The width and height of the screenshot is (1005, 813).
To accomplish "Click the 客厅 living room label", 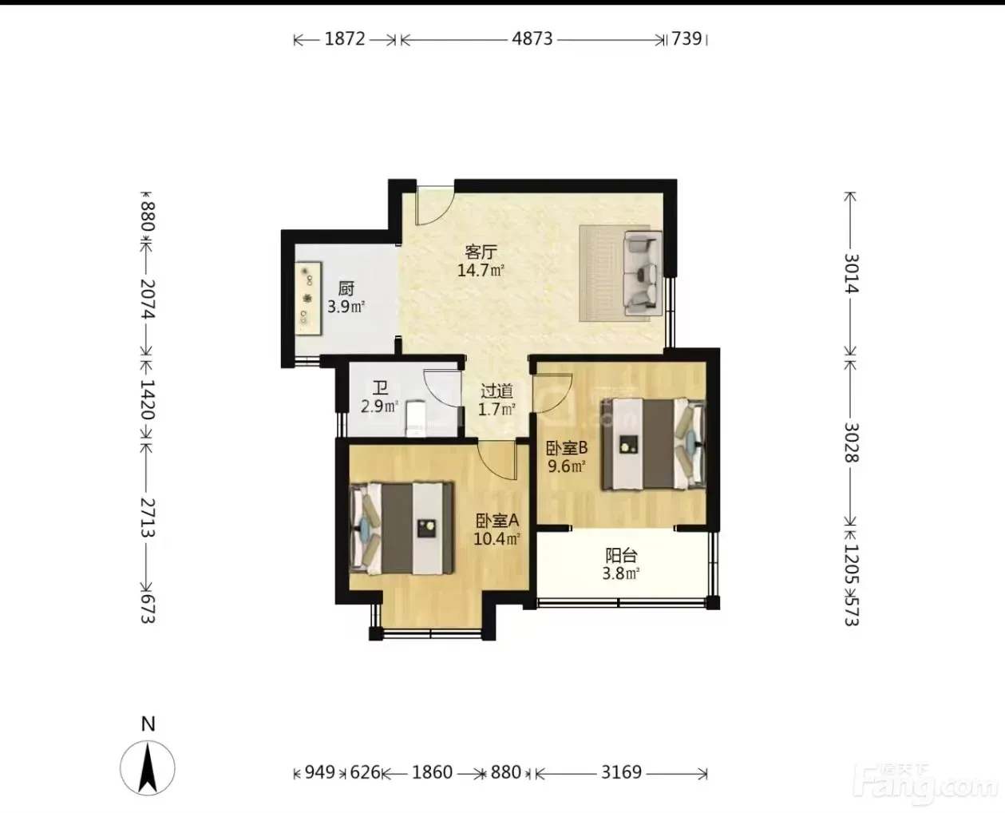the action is (481, 252).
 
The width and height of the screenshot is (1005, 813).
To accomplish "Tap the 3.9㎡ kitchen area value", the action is (346, 307).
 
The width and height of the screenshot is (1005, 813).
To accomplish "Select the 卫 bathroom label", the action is (380, 388).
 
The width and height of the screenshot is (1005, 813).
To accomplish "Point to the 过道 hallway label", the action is (497, 391).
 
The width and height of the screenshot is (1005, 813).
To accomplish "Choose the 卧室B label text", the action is (567, 447).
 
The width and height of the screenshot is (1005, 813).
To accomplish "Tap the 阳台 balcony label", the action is (621, 555).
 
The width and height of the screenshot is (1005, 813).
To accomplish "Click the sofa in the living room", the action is (643, 273).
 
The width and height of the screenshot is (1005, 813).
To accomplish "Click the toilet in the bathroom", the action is (416, 418).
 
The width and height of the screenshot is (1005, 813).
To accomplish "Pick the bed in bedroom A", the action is (402, 528).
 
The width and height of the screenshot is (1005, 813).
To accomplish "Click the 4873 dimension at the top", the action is (532, 38).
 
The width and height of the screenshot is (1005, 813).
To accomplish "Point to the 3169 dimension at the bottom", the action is (621, 772).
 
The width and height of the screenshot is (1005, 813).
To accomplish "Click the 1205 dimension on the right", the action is (852, 564).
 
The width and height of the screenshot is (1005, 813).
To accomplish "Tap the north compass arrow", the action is (148, 767).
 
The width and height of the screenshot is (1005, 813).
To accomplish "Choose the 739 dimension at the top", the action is (686, 38).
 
